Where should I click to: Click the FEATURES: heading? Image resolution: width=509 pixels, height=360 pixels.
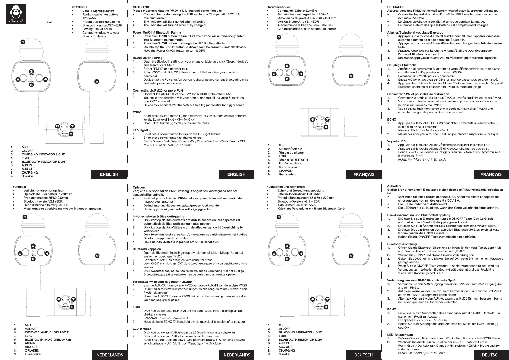(x=80, y=7)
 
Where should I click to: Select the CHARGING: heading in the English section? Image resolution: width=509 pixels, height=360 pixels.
(x=141, y=7)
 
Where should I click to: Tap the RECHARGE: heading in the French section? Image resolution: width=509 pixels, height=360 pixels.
(x=396, y=7)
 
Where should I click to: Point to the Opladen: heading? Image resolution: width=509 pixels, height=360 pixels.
(x=139, y=187)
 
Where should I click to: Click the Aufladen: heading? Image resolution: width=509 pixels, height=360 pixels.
(x=394, y=186)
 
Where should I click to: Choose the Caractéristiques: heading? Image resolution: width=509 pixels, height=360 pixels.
(x=279, y=7)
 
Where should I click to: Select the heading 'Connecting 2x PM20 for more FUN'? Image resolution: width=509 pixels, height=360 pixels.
(x=157, y=90)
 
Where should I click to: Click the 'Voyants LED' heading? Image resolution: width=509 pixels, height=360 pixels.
(x=396, y=141)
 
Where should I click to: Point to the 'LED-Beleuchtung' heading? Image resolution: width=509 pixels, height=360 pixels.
(x=400, y=335)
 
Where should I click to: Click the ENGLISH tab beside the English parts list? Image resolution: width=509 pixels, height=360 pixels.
(x=109, y=174)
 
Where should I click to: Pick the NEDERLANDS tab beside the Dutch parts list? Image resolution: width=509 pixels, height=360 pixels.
(x=109, y=355)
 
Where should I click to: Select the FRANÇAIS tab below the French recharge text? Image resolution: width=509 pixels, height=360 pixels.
(x=491, y=174)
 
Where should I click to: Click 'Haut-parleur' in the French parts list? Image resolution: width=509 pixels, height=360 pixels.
(x=287, y=174)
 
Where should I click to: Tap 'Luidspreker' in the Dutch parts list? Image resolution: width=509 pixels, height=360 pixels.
(x=33, y=354)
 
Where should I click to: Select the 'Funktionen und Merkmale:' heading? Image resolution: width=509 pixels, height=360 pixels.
(x=286, y=187)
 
